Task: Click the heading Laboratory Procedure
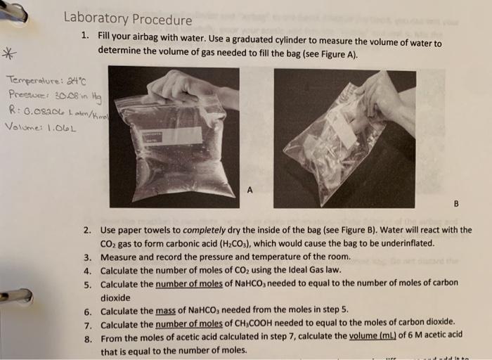point(127,20)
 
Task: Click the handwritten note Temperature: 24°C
point(35,81)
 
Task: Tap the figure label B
point(455,205)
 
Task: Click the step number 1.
point(85,35)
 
